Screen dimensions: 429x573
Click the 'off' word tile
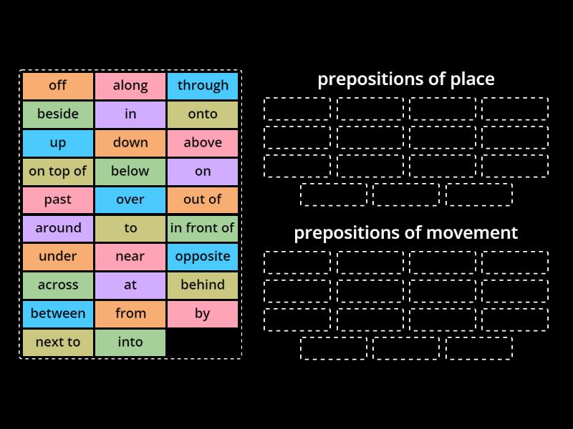[58, 86]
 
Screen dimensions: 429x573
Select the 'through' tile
[203, 86]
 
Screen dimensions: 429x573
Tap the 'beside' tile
[58, 114]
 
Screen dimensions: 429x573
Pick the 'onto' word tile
[203, 114]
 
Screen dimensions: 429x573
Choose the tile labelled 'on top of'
[58, 172]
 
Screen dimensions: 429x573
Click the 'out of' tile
[203, 200]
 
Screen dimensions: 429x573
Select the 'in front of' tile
[203, 229]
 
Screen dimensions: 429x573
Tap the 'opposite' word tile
[203, 257]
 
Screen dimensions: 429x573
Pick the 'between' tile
[58, 314]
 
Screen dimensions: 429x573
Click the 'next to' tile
[58, 342]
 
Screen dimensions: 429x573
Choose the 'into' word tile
[130, 342]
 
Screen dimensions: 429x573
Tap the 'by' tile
[203, 314]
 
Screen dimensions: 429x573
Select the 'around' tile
[58, 229]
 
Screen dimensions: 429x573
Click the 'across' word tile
[58, 285]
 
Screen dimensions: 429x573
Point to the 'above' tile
[203, 143]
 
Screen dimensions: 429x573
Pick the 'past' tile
[58, 200]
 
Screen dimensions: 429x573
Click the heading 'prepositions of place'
[406, 79]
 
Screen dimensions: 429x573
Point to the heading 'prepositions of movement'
[406, 232]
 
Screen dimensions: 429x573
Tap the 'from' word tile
[130, 314]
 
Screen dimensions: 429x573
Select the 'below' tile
[130, 172]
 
